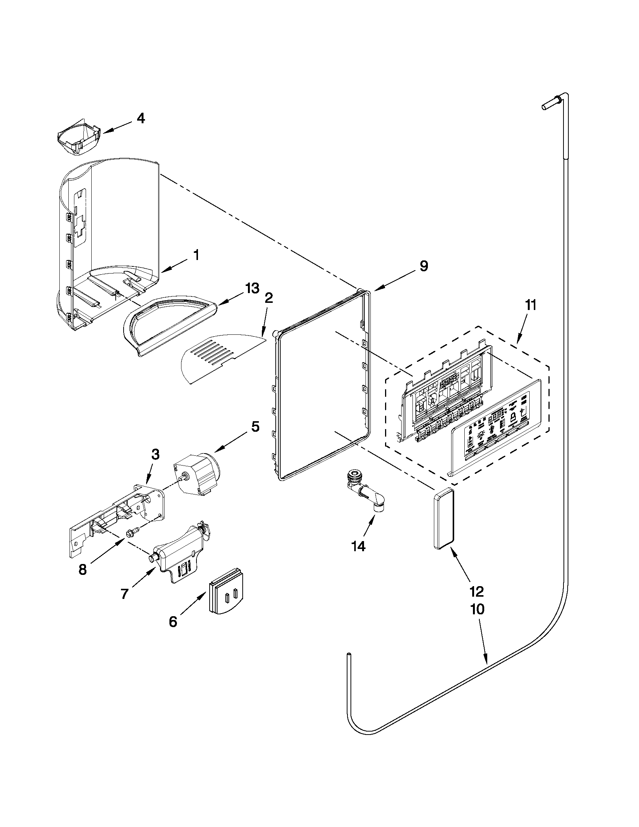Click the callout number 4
(140, 118)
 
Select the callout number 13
(252, 288)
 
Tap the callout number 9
(424, 266)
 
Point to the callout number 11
(530, 305)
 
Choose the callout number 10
(477, 609)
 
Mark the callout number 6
(173, 622)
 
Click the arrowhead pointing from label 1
(164, 271)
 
